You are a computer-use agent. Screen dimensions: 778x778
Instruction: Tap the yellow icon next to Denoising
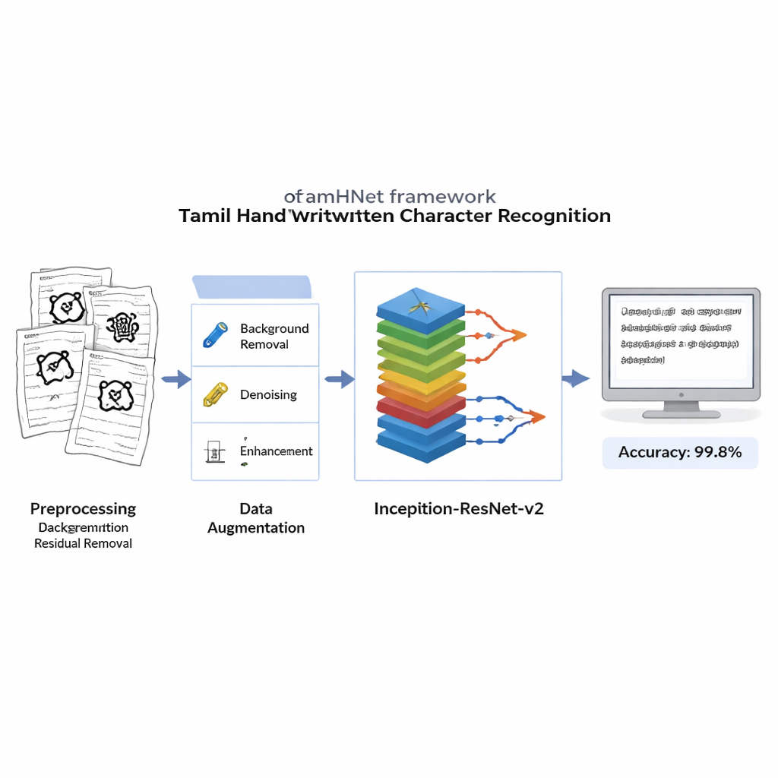[x=215, y=394]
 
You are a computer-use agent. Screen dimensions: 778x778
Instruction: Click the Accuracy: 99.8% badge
[x=680, y=453]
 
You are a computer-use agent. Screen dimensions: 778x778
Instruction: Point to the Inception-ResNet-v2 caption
[x=459, y=509]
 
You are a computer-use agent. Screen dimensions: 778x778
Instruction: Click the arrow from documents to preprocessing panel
[x=176, y=378]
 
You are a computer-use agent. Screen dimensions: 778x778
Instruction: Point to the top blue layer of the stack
[x=420, y=308]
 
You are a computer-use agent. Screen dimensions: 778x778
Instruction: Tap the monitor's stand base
[x=681, y=413]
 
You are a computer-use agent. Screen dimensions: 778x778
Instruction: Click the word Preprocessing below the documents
[x=84, y=509]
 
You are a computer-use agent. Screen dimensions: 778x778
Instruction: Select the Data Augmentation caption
[x=256, y=518]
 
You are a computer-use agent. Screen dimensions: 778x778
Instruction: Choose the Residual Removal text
[x=84, y=544]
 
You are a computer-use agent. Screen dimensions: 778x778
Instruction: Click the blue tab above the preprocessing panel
[x=252, y=287]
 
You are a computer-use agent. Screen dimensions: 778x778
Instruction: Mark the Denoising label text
[x=268, y=395]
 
